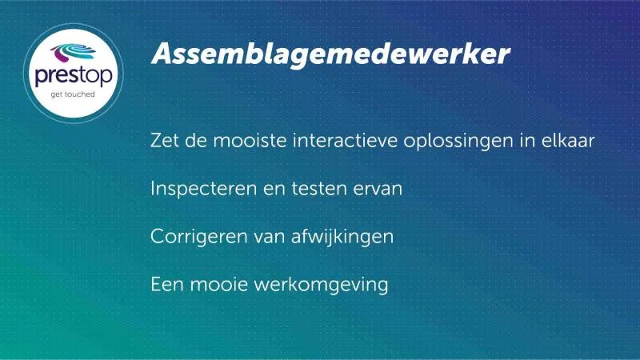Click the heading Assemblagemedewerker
330,54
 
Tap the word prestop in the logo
74,75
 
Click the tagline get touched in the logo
73,94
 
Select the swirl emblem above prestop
73,53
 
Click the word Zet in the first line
165,141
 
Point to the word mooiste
250,141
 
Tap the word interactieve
345,141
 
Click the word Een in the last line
167,284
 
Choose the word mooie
218,284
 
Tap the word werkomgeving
321,286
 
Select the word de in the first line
196,141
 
